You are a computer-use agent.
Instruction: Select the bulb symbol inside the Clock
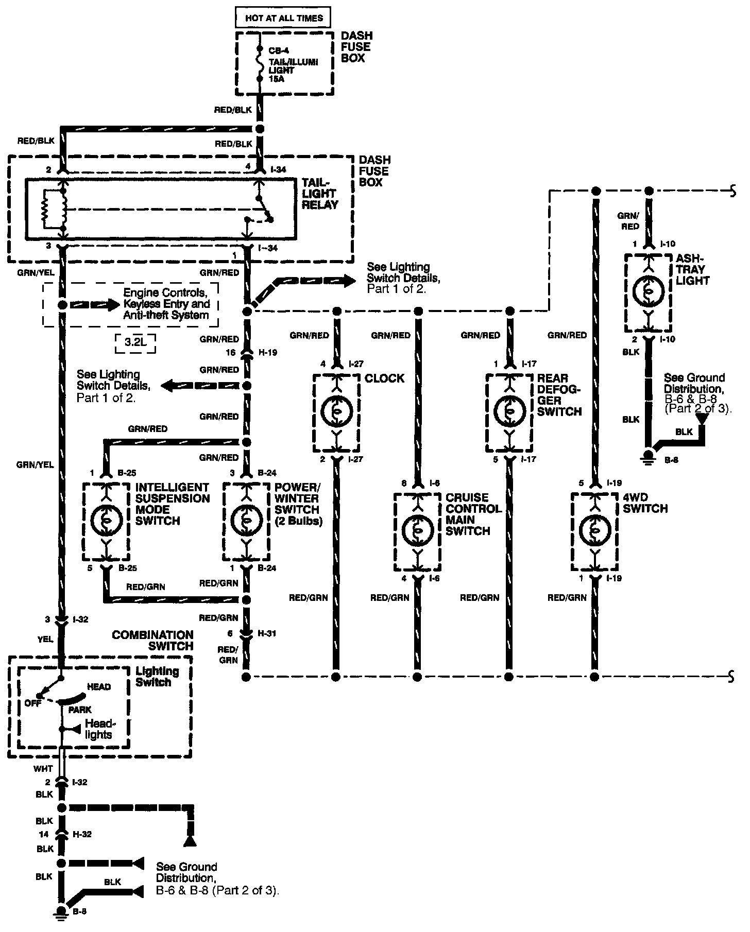(335, 410)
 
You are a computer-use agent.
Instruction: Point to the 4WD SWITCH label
(645, 503)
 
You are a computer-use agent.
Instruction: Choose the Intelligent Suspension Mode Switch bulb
(106, 521)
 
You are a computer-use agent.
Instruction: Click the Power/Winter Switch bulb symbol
(246, 521)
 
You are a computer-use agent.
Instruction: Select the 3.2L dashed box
(135, 342)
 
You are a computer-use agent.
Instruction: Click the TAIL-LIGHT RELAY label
(320, 194)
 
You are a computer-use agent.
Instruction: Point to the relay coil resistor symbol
(46, 209)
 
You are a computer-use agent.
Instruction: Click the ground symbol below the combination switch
(63, 912)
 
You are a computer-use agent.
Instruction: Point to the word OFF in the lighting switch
(32, 703)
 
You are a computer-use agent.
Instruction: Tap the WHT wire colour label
(43, 769)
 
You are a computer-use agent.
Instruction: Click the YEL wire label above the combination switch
(45, 639)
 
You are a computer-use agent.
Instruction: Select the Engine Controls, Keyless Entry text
(166, 304)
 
